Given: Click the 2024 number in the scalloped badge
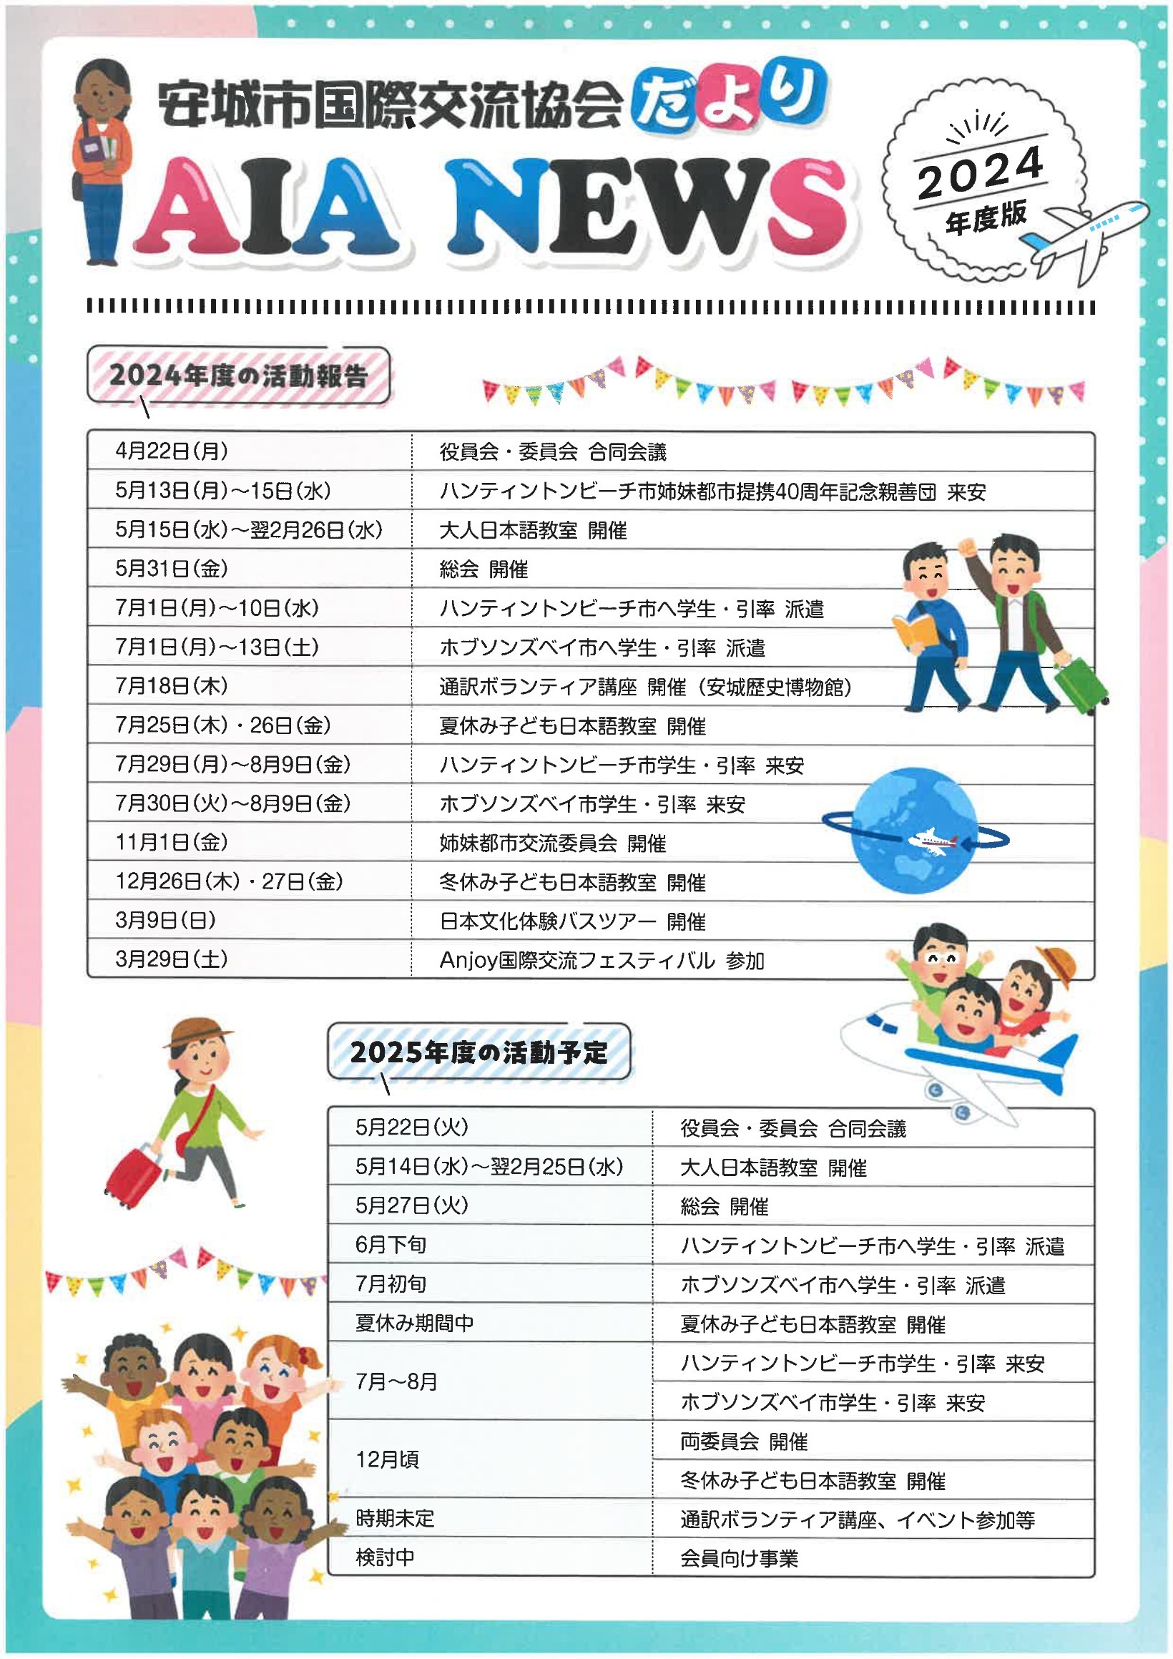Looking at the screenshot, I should (x=980, y=172).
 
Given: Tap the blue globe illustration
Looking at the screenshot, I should (x=913, y=831).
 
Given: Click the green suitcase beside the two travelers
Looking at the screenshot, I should (x=1080, y=687).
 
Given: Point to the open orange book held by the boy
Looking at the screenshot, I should (x=914, y=632).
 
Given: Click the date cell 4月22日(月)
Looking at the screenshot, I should (x=172, y=451).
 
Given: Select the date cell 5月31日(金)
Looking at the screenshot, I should (x=172, y=569).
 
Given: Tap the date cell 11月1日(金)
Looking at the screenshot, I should (x=172, y=842).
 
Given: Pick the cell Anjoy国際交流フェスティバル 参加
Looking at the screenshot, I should (x=602, y=960).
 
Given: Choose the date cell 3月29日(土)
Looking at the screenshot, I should (x=172, y=959).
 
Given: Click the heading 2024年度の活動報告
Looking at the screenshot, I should (x=238, y=376).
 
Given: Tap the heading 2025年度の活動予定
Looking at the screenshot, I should (x=479, y=1052).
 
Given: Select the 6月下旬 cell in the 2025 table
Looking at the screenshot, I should (x=391, y=1244).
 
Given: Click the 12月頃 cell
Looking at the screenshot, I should (x=387, y=1459).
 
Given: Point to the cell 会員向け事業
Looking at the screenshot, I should (x=739, y=1559).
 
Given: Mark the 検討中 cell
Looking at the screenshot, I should (x=385, y=1558).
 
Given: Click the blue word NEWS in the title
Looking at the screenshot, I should (x=647, y=210).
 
